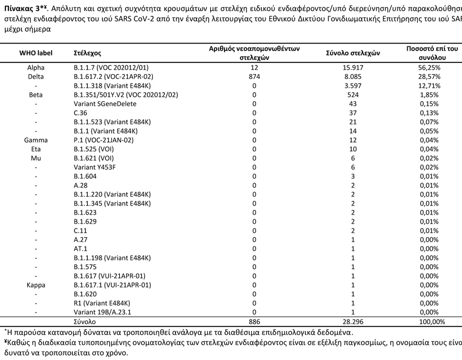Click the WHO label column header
point(35,54)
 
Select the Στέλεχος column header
point(87,54)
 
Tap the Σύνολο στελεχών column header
point(353,54)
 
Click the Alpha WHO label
point(36,68)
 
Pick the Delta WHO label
point(36,77)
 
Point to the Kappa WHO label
point(36,285)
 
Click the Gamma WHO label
point(36,140)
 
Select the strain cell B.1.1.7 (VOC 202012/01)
point(111,68)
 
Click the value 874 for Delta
point(254,77)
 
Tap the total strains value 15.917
point(353,68)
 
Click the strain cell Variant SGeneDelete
point(105,104)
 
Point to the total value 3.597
point(353,86)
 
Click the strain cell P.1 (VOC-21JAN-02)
point(104,140)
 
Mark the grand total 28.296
point(353,322)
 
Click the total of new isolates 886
point(254,322)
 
